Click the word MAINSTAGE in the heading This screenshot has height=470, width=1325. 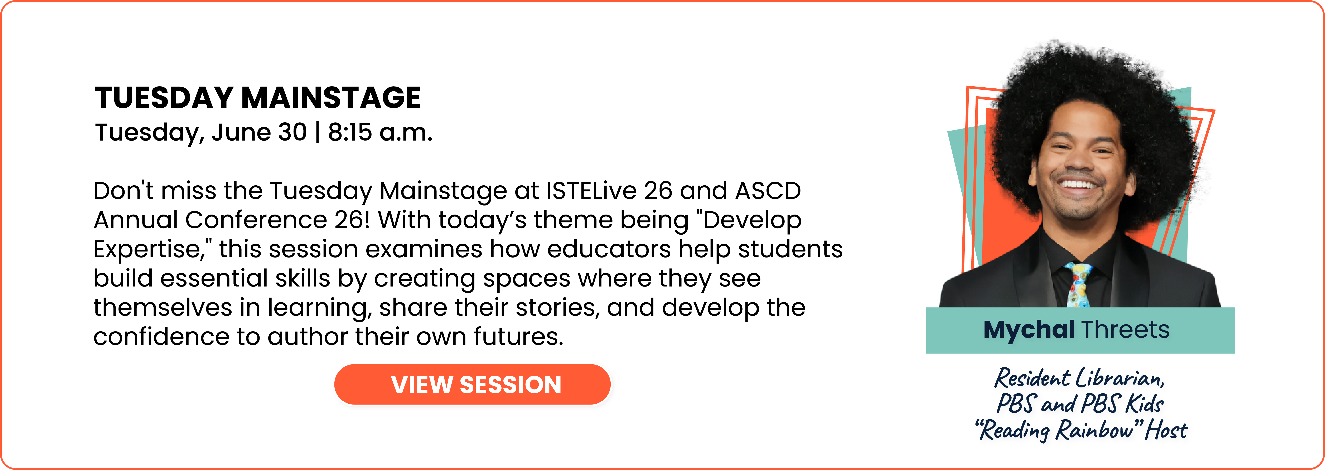(331, 98)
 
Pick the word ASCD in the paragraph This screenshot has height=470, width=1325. (768, 191)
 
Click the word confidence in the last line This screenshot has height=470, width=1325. (161, 337)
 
